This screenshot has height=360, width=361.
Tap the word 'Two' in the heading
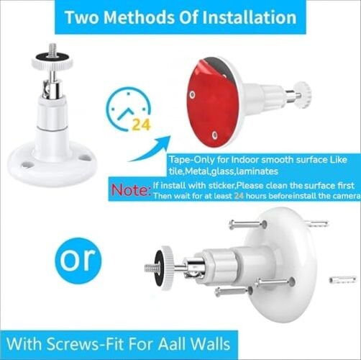click(84, 17)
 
